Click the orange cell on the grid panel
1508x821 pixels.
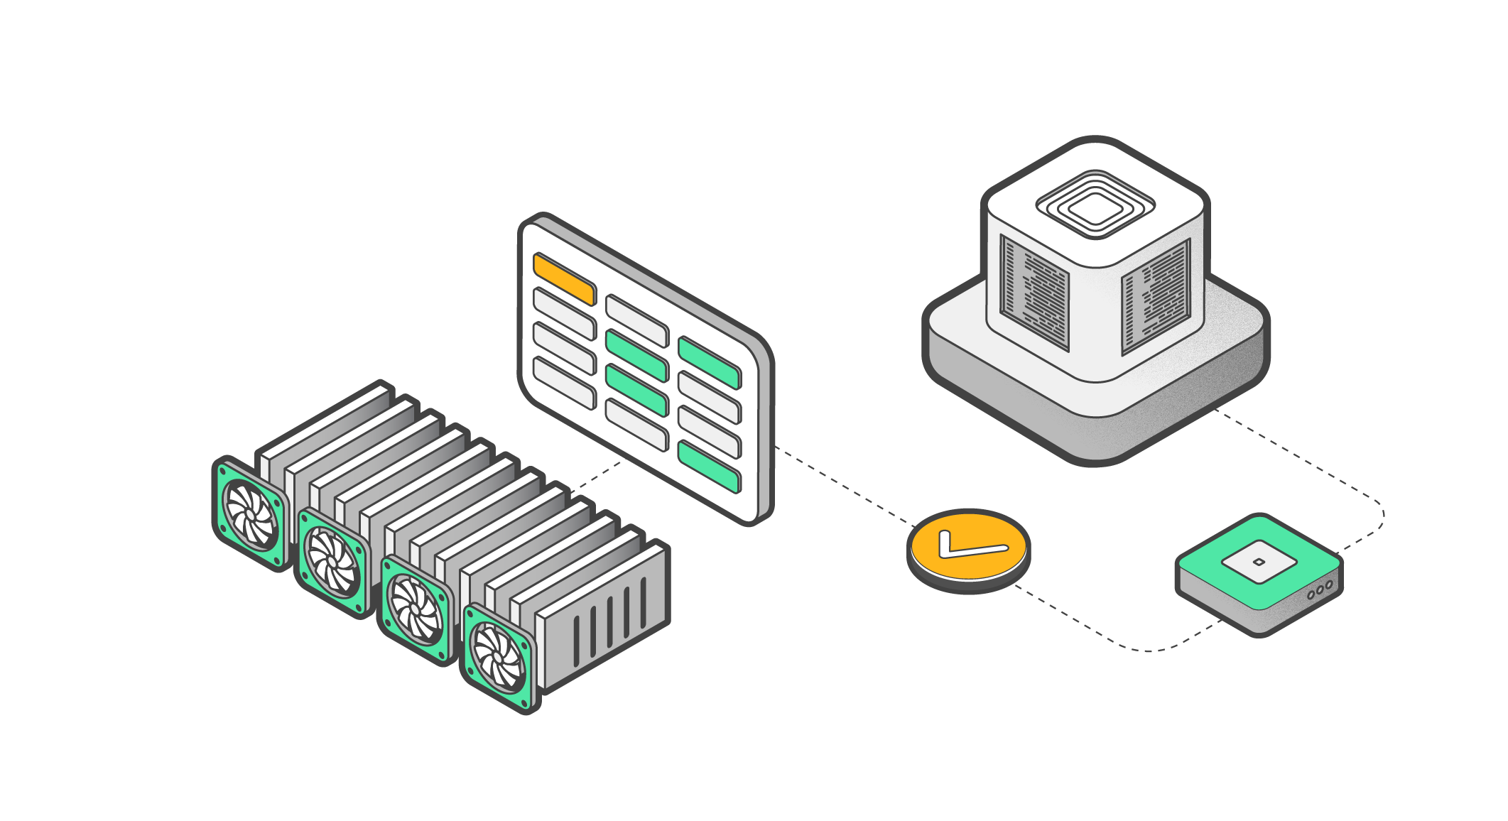pos(564,278)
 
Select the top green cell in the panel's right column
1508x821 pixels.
pos(709,362)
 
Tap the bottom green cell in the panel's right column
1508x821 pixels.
pos(709,467)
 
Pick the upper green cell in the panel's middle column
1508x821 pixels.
pos(636,353)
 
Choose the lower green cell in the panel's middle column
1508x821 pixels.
pos(636,389)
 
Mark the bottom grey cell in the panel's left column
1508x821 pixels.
pos(564,383)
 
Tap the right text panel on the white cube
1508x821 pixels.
pos(1156,295)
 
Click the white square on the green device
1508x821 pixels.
pos(1259,562)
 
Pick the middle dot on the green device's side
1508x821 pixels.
pos(1320,589)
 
